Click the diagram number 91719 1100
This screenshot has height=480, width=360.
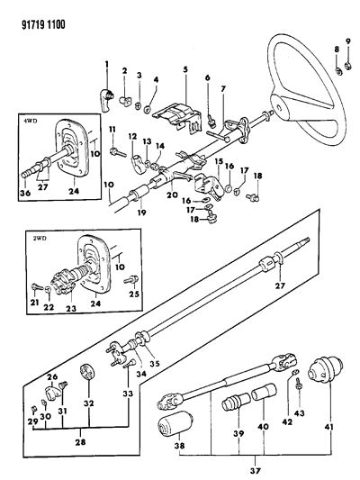(x=43, y=24)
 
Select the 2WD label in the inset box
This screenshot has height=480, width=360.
(x=40, y=239)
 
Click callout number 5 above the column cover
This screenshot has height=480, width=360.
(x=185, y=70)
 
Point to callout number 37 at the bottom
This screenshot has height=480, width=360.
(x=256, y=470)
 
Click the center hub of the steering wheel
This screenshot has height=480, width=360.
(x=279, y=107)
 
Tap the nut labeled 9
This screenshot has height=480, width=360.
(x=347, y=65)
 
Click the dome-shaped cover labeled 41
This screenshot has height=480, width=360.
(x=324, y=370)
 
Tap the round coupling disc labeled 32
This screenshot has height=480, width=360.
(x=88, y=371)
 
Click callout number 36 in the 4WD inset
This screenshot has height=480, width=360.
(x=26, y=193)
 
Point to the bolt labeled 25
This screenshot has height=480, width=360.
(x=131, y=279)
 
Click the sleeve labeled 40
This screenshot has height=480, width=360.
(x=265, y=392)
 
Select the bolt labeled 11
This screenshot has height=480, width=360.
(x=117, y=151)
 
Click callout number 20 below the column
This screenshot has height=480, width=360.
(x=172, y=194)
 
